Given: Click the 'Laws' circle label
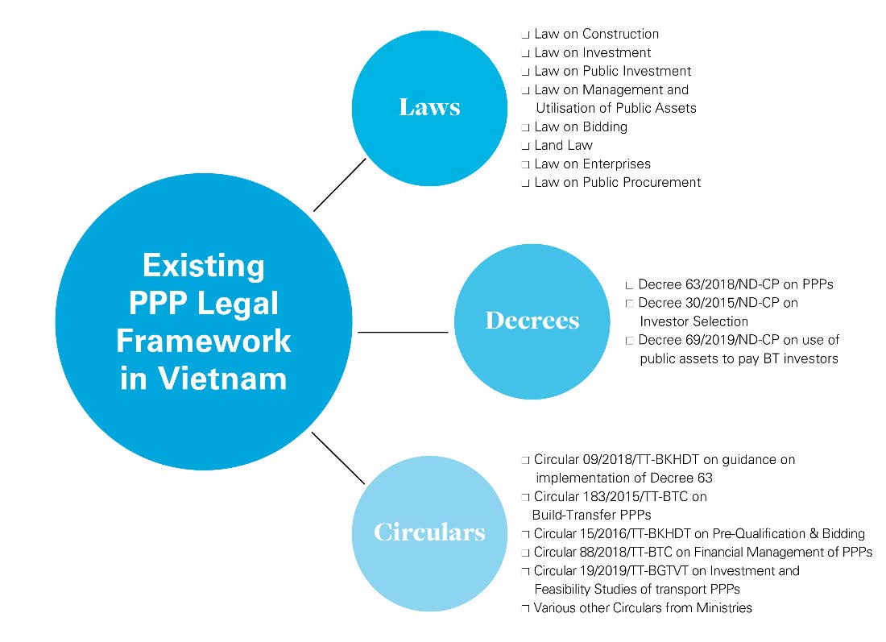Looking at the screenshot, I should [429, 107].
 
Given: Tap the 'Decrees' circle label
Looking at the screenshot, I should [532, 321].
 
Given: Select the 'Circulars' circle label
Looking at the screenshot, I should [429, 532].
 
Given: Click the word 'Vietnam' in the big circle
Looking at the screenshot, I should [204, 378].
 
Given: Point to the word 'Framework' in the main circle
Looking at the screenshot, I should [204, 340].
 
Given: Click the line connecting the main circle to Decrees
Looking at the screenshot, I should [403, 331].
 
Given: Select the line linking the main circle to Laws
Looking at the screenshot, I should [339, 184].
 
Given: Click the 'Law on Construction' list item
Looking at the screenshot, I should [596, 34].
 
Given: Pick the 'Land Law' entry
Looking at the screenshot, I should [563, 145].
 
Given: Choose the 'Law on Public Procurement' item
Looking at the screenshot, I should [617, 182].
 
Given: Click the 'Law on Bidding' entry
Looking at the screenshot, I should [580, 126].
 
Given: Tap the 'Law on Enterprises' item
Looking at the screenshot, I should [592, 164].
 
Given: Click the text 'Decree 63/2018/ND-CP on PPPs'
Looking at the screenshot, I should [735, 284].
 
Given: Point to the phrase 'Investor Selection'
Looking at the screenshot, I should [694, 321].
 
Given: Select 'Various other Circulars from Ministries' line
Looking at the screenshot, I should [643, 607].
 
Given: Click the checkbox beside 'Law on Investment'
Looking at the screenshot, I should [525, 53].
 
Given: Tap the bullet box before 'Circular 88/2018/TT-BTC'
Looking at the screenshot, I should [525, 553].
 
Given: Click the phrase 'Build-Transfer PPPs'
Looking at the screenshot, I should [591, 515].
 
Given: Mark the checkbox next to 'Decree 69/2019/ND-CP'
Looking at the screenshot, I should [629, 341].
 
